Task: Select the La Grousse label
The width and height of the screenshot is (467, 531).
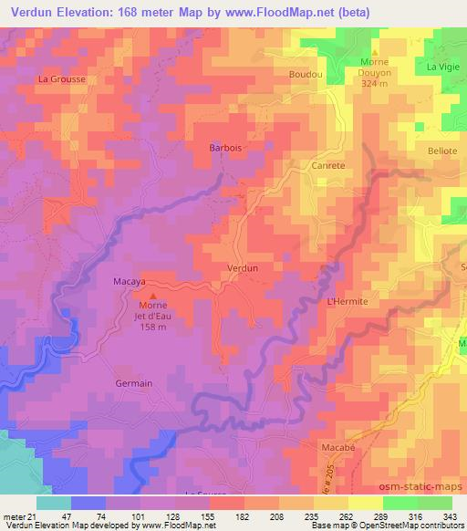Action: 61,79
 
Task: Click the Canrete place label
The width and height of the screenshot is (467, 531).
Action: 328,166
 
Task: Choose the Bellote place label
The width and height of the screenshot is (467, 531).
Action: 441,151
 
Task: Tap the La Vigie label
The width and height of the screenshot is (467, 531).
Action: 442,68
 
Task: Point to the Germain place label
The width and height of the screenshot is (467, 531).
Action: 134,384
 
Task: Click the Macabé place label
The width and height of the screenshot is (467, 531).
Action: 337,448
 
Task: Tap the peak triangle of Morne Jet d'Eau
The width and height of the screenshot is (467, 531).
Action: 152,296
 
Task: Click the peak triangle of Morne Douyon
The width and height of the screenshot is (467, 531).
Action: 374,52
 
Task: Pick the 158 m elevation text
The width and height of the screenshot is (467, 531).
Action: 152,330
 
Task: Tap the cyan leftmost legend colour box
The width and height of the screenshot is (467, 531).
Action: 54,503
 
